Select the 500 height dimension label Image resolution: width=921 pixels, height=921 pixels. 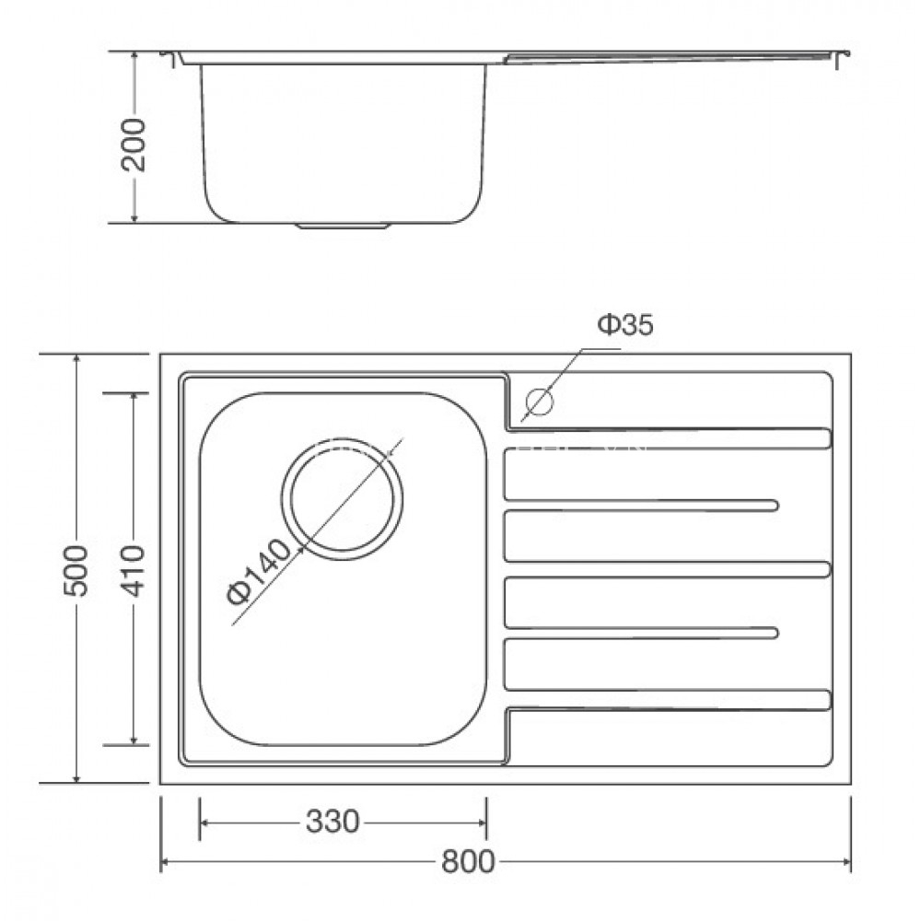(x=77, y=569)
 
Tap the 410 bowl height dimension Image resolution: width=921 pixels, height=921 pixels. (x=134, y=568)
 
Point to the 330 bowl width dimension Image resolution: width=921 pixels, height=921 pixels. (x=332, y=821)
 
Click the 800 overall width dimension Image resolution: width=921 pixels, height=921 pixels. (x=467, y=862)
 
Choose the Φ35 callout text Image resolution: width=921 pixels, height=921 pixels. (x=625, y=325)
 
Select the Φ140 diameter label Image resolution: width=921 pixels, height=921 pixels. (x=259, y=578)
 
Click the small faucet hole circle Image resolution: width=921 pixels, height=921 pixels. (x=537, y=402)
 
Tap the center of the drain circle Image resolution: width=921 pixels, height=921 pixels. (x=343, y=496)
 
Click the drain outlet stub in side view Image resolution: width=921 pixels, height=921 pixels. (x=343, y=224)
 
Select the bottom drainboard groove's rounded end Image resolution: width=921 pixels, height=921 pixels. (x=825, y=699)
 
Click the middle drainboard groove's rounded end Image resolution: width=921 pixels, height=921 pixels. (x=825, y=568)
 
